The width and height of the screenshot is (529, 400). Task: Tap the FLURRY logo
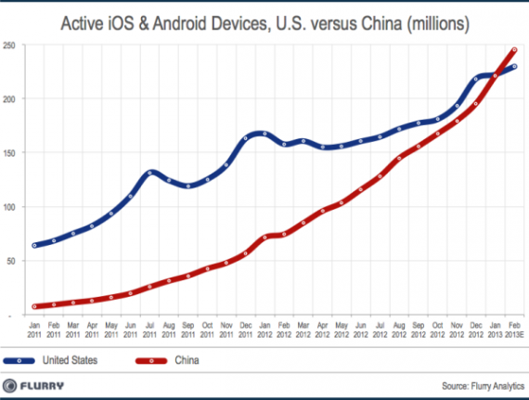click(x=42, y=385)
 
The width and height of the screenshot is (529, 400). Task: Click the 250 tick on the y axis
click(x=9, y=45)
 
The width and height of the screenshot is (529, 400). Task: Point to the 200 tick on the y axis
click(x=9, y=98)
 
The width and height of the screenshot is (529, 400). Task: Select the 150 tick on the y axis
click(x=9, y=153)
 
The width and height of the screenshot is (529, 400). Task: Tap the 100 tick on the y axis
click(x=9, y=207)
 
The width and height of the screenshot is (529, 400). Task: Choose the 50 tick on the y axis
click(x=11, y=262)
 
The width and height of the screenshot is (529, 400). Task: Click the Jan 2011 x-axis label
click(x=34, y=331)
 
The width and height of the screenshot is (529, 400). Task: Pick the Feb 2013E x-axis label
click(x=515, y=331)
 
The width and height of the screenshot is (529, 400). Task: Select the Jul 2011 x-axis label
click(x=149, y=331)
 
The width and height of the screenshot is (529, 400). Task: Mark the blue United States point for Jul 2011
click(x=149, y=173)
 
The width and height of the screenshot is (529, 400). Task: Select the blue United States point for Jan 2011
click(x=34, y=245)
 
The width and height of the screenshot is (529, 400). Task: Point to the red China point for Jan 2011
click(x=34, y=306)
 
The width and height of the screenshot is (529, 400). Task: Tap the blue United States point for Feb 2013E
click(x=515, y=66)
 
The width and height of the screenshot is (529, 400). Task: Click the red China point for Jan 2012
click(x=264, y=238)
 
